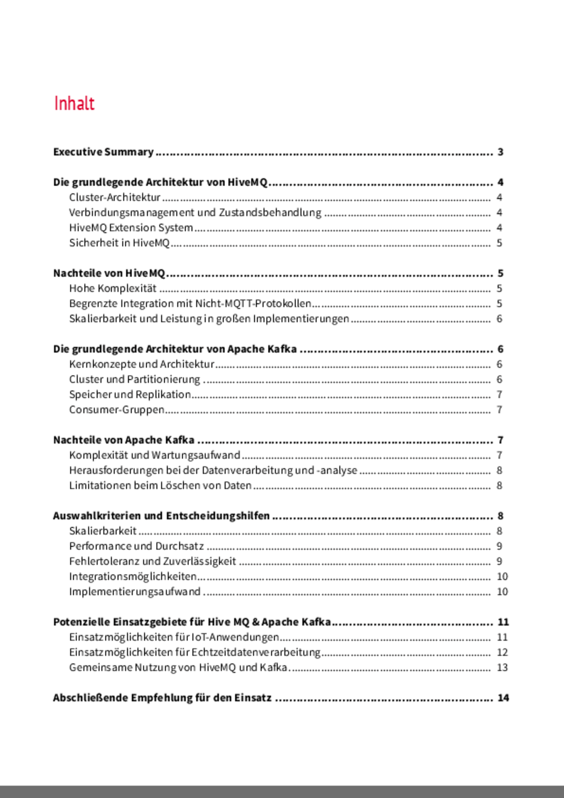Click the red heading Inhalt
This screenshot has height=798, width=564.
[x=74, y=103]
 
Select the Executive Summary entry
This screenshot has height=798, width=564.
[x=103, y=152]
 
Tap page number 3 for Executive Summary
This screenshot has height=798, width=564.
[x=500, y=152]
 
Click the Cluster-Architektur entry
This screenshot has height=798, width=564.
[x=115, y=197]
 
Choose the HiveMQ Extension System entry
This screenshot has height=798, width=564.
[x=131, y=228]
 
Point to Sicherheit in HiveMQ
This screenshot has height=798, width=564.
[x=119, y=243]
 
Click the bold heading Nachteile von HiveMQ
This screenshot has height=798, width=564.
[x=109, y=274]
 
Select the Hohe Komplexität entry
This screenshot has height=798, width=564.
[x=113, y=289]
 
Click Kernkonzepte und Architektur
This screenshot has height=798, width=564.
[x=142, y=364]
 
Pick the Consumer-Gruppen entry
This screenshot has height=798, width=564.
[x=117, y=410]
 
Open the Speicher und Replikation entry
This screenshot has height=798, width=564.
[x=130, y=395]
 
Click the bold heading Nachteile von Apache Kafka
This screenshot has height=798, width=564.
[x=124, y=440]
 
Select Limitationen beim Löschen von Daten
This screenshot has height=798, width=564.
[x=160, y=486]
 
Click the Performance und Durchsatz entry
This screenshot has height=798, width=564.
[x=136, y=546]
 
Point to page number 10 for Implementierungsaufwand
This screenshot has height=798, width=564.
[x=502, y=592]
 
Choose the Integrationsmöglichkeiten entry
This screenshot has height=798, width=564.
[x=133, y=576]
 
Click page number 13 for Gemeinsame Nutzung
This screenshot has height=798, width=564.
[x=502, y=668]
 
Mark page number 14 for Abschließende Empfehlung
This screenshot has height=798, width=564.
[x=503, y=698]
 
